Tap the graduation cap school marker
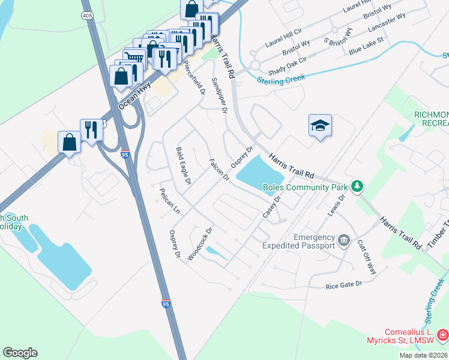tap(320, 125)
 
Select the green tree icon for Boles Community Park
tap(357, 187)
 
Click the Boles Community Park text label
tap(306, 187)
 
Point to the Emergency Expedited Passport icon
tap(344, 241)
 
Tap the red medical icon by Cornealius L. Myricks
tap(442, 334)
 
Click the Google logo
tap(20, 353)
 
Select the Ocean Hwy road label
tap(134, 97)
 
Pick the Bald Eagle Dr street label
tap(183, 166)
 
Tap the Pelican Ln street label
tap(169, 202)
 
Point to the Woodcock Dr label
tap(200, 243)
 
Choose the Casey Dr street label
tap(271, 207)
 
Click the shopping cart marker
tap(134, 59)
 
